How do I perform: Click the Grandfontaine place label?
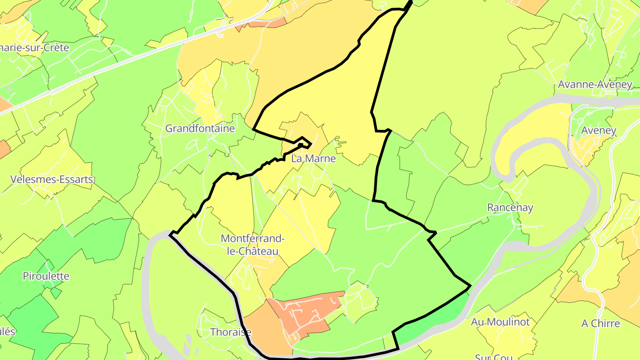click(200, 128)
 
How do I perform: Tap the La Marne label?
click(313, 158)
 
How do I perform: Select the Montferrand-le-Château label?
click(252, 245)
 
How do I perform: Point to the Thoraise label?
click(231, 332)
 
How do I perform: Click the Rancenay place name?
click(510, 208)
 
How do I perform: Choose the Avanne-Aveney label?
click(595, 84)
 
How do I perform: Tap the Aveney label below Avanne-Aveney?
click(599, 130)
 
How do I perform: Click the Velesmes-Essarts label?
click(52, 180)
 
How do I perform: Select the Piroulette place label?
click(46, 276)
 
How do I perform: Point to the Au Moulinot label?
click(500, 322)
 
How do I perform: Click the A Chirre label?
click(600, 323)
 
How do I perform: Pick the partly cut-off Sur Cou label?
click(493, 356)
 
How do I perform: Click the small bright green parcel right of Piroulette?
click(56, 292)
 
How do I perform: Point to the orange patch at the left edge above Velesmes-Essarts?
click(4, 148)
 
